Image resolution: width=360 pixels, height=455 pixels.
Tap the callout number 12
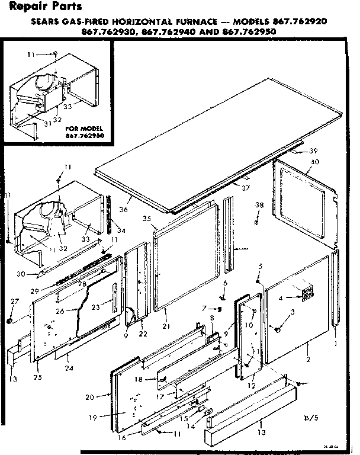pos(252,386)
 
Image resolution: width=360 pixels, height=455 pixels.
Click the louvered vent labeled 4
pos(306,294)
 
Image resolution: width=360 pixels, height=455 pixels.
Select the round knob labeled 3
pos(278,328)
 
